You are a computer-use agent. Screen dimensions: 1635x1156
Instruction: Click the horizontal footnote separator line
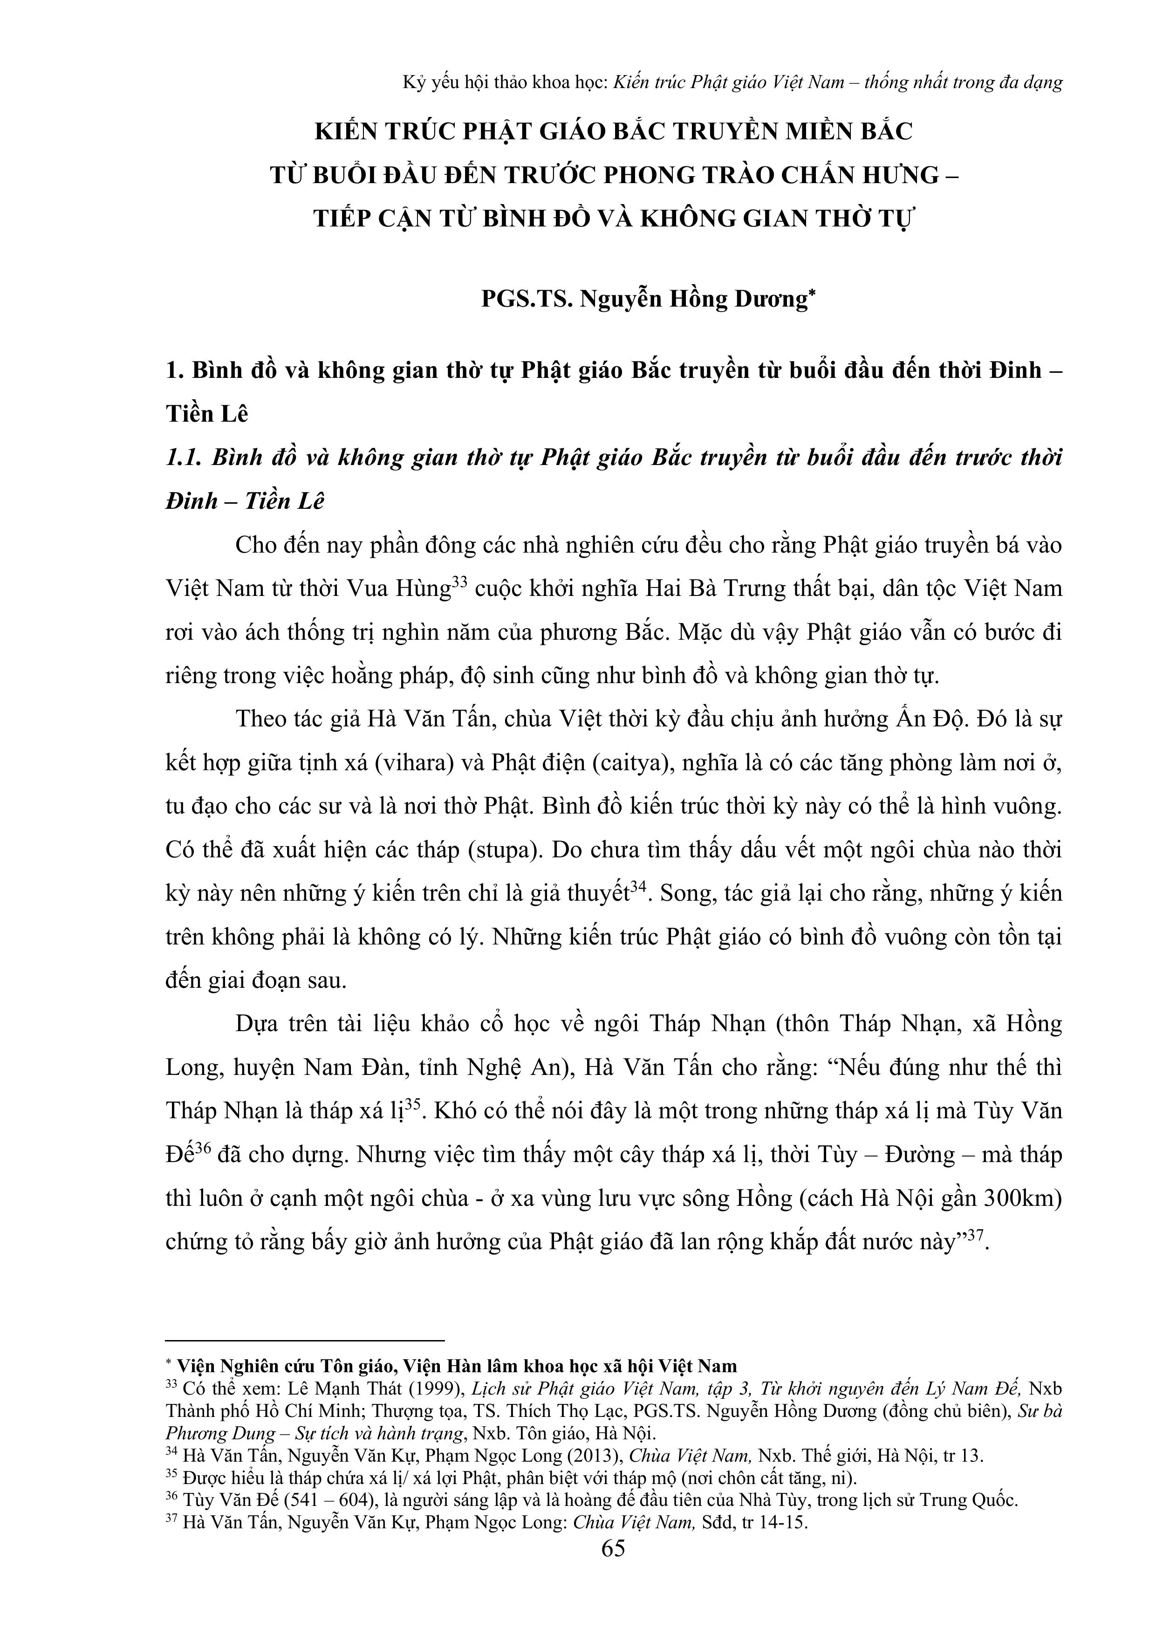(x=305, y=1340)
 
